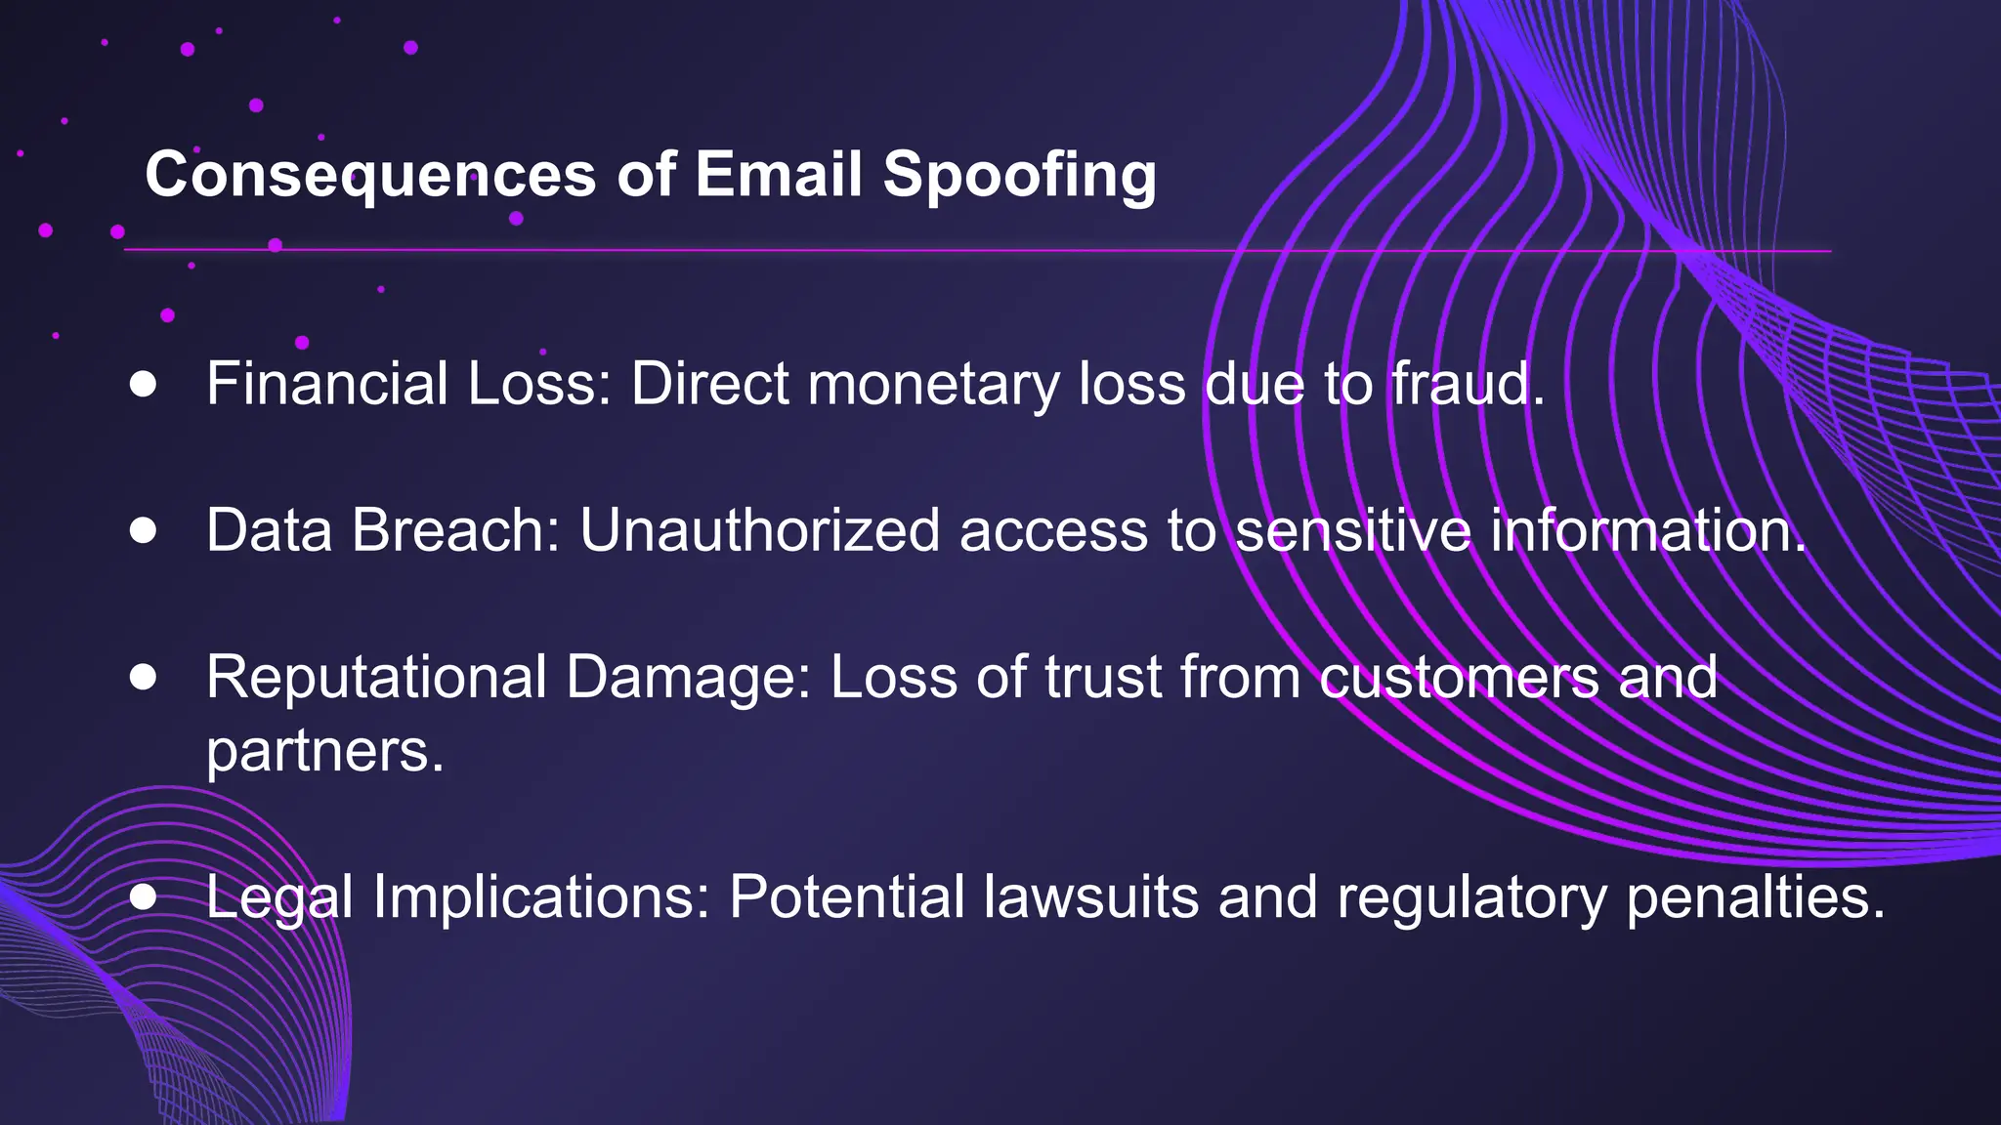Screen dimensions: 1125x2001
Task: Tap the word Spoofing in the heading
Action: pos(1019,176)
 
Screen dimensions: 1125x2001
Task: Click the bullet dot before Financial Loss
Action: pos(144,384)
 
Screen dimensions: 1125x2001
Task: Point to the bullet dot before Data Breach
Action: pos(144,530)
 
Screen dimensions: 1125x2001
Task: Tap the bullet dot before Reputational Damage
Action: pos(144,677)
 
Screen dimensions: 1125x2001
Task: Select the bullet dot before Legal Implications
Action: pos(144,896)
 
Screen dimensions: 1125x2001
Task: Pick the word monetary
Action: pos(933,384)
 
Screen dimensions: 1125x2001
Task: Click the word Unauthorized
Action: pos(759,530)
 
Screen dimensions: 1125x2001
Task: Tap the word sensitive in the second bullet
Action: pos(1352,530)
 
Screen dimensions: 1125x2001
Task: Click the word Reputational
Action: pos(376,677)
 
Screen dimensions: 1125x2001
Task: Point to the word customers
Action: pos(1459,677)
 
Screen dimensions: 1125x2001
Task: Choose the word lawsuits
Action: pos(1090,896)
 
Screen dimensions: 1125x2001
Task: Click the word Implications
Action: pos(541,896)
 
